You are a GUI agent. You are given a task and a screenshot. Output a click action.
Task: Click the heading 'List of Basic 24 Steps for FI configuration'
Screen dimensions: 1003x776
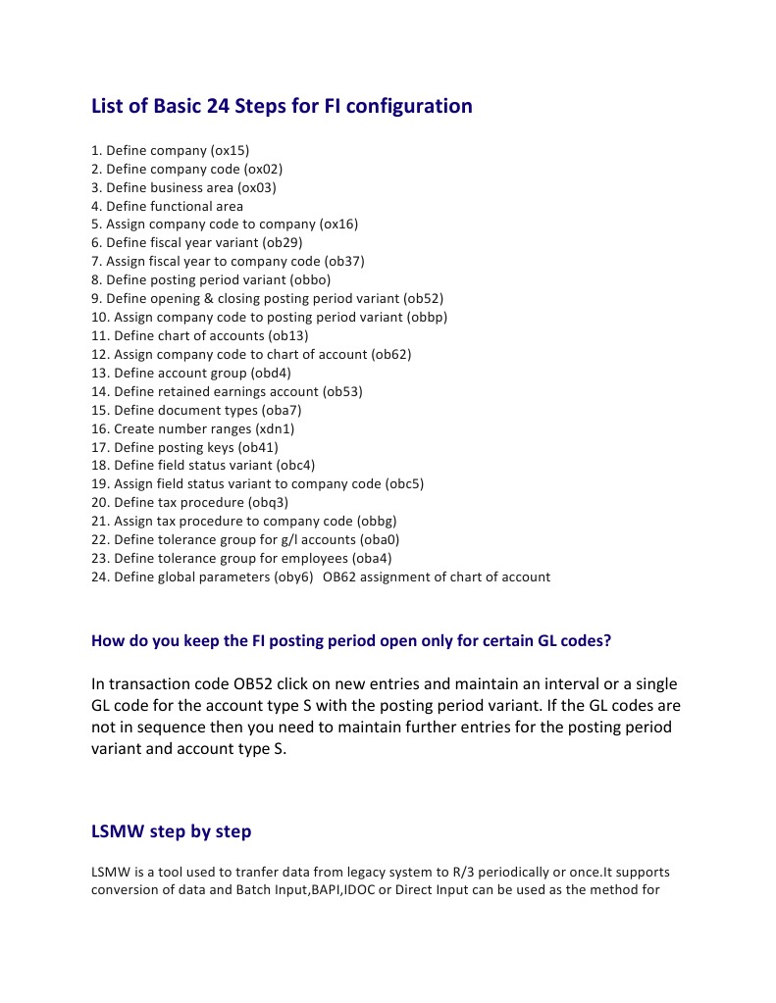coord(282,106)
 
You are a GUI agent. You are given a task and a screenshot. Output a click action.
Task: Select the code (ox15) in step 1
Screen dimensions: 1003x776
coord(231,151)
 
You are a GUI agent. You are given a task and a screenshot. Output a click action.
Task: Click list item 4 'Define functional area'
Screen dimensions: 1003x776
coord(167,207)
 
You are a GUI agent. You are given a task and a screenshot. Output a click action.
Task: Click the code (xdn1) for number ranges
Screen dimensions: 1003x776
coord(275,429)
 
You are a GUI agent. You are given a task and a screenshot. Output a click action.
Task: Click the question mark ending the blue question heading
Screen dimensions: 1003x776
coord(608,642)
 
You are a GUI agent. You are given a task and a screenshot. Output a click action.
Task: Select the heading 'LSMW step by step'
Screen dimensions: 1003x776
coord(171,832)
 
